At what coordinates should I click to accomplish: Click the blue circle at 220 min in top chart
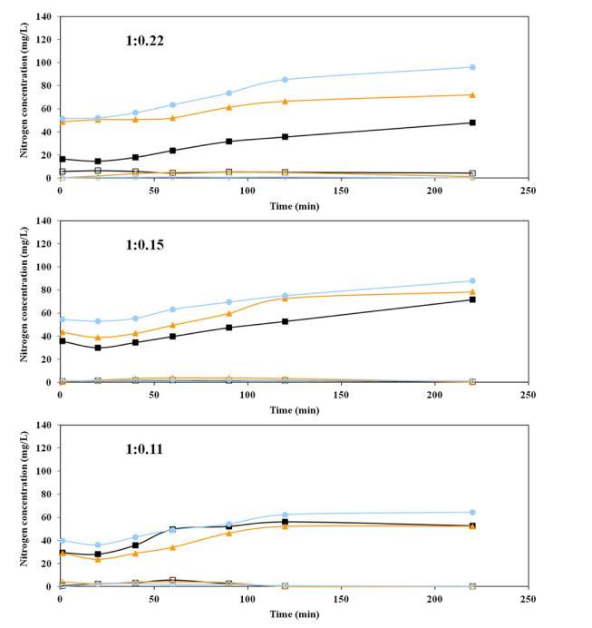[472, 67]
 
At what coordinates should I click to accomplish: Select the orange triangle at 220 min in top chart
[472, 94]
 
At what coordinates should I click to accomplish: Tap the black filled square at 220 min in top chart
[472, 123]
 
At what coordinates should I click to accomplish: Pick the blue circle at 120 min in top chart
[285, 80]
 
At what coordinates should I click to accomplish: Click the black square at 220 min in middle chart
[472, 299]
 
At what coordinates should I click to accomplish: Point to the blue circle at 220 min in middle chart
[472, 280]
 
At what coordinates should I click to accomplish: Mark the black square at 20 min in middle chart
[98, 348]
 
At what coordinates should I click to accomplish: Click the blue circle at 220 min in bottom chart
[472, 512]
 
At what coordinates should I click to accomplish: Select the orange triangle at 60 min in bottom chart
[172, 547]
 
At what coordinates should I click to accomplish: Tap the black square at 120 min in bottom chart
[285, 522]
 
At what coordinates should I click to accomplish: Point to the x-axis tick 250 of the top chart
[529, 191]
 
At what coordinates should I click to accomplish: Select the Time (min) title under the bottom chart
[294, 614]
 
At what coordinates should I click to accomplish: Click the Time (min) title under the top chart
[294, 205]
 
